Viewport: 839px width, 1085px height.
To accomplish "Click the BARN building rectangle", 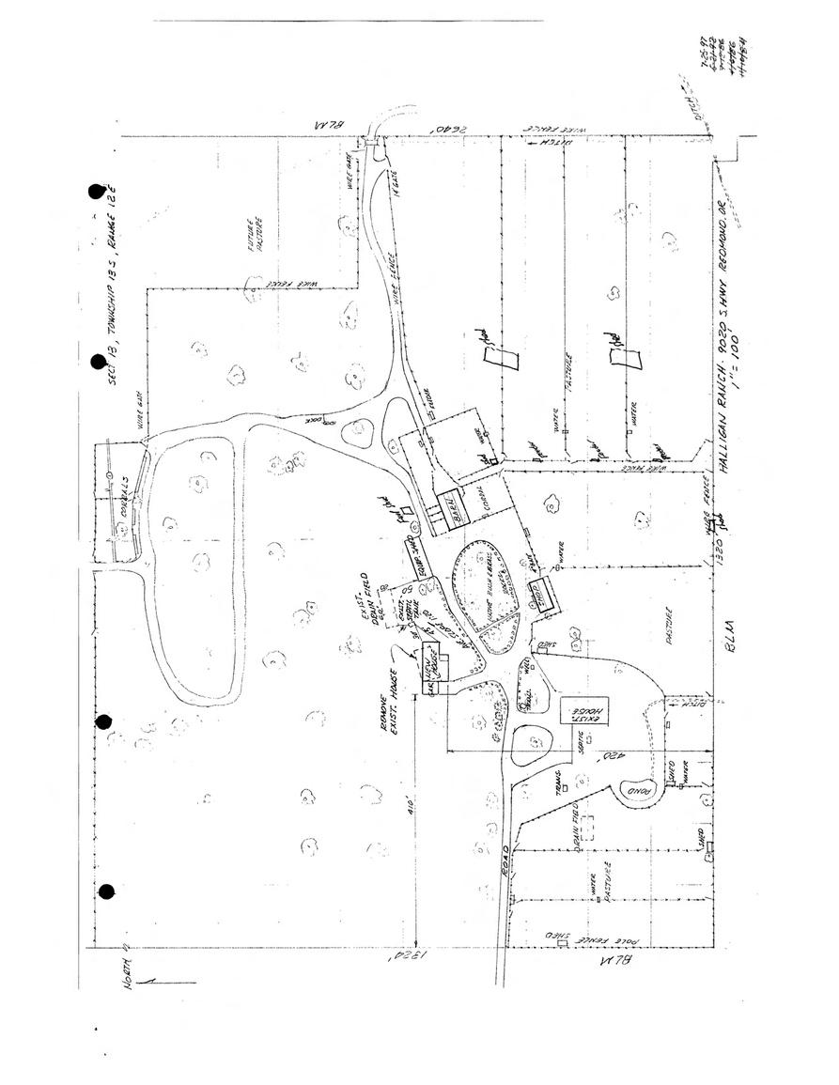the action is pyautogui.click(x=458, y=509).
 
